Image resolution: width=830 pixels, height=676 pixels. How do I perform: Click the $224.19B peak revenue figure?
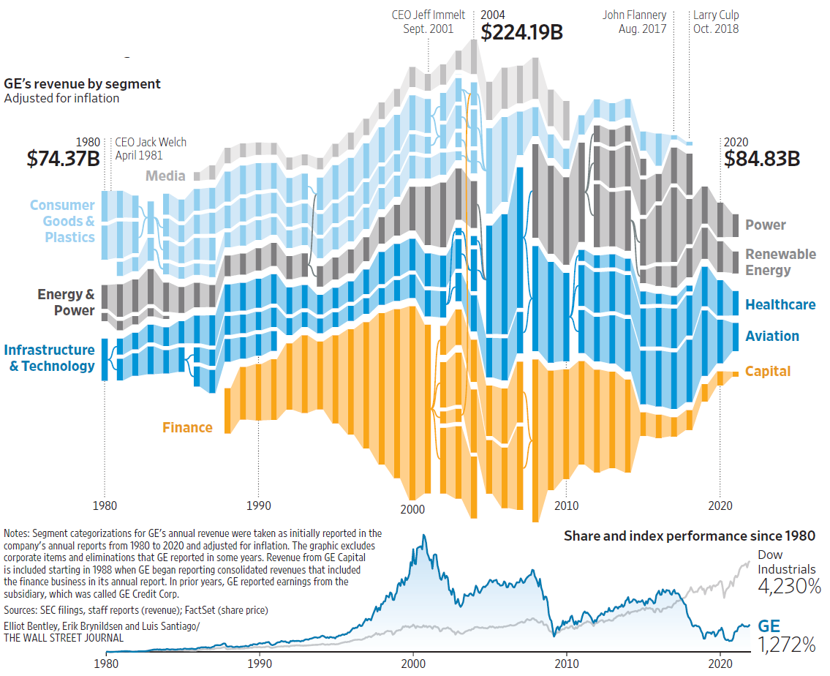(521, 32)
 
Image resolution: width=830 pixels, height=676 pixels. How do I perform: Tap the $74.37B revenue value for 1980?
(63, 159)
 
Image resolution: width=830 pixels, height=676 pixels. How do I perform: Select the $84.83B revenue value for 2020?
(762, 159)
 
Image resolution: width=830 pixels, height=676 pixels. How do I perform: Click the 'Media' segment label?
(165, 176)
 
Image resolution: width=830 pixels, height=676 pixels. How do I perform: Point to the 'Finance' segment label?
(187, 427)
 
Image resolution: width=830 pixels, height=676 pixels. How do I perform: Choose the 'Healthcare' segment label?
(780, 304)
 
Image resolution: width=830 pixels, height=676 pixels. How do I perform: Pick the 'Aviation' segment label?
(771, 336)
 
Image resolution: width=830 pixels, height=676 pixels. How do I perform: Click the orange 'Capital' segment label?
(767, 371)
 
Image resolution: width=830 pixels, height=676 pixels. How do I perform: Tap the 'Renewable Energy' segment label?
(780, 262)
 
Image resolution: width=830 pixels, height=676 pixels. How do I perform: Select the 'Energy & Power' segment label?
(66, 302)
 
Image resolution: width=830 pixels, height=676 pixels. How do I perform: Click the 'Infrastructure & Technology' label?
(50, 358)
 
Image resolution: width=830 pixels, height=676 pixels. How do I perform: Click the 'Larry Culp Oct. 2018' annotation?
(715, 22)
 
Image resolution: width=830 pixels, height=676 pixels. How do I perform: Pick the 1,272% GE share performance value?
(786, 645)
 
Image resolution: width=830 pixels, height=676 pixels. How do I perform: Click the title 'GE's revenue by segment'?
(82, 84)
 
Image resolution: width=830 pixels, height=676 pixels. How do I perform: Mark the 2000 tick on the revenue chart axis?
(412, 506)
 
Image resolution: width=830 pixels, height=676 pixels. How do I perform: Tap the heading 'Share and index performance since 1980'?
(689, 536)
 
